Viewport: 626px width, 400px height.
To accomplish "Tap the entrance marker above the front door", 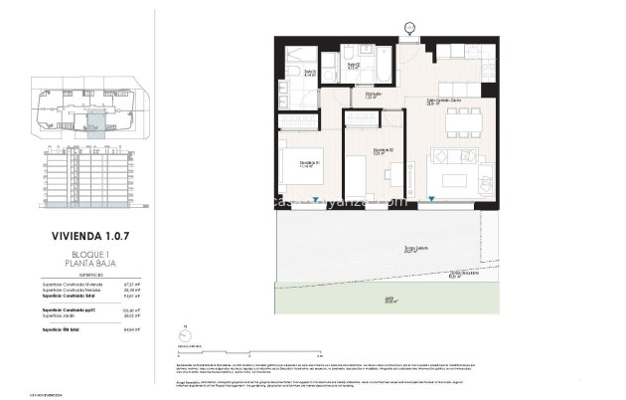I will [409, 28].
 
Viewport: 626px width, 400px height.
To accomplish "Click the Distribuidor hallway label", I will [371, 96].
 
